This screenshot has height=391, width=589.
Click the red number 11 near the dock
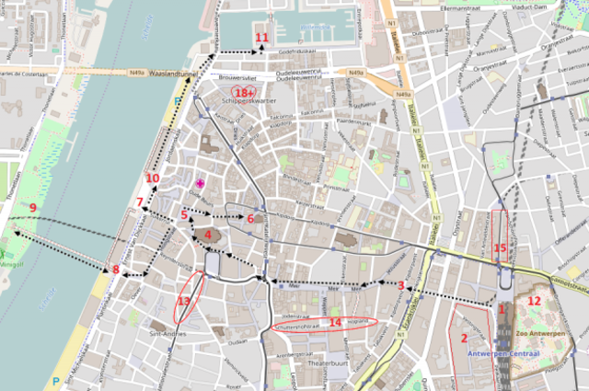pyautogui.click(x=261, y=38)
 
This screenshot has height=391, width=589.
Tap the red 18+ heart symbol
pyautogui.click(x=244, y=93)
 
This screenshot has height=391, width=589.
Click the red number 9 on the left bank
pyautogui.click(x=32, y=208)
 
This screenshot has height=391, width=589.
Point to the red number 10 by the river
pyautogui.click(x=152, y=178)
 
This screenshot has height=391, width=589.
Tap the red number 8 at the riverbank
pyautogui.click(x=115, y=270)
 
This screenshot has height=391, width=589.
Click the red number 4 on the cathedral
pyautogui.click(x=208, y=235)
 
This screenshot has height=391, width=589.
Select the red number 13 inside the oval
pyautogui.click(x=184, y=301)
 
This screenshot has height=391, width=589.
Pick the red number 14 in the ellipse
pyautogui.click(x=335, y=322)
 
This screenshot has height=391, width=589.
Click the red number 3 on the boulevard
pyautogui.click(x=401, y=286)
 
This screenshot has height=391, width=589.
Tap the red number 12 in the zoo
pyautogui.click(x=534, y=300)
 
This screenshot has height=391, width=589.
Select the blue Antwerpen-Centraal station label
pyautogui.click(x=502, y=352)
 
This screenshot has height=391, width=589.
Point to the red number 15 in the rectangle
pyautogui.click(x=500, y=247)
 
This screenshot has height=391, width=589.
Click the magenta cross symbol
pyautogui.click(x=199, y=184)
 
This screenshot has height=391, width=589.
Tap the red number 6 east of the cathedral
pyautogui.click(x=249, y=218)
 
